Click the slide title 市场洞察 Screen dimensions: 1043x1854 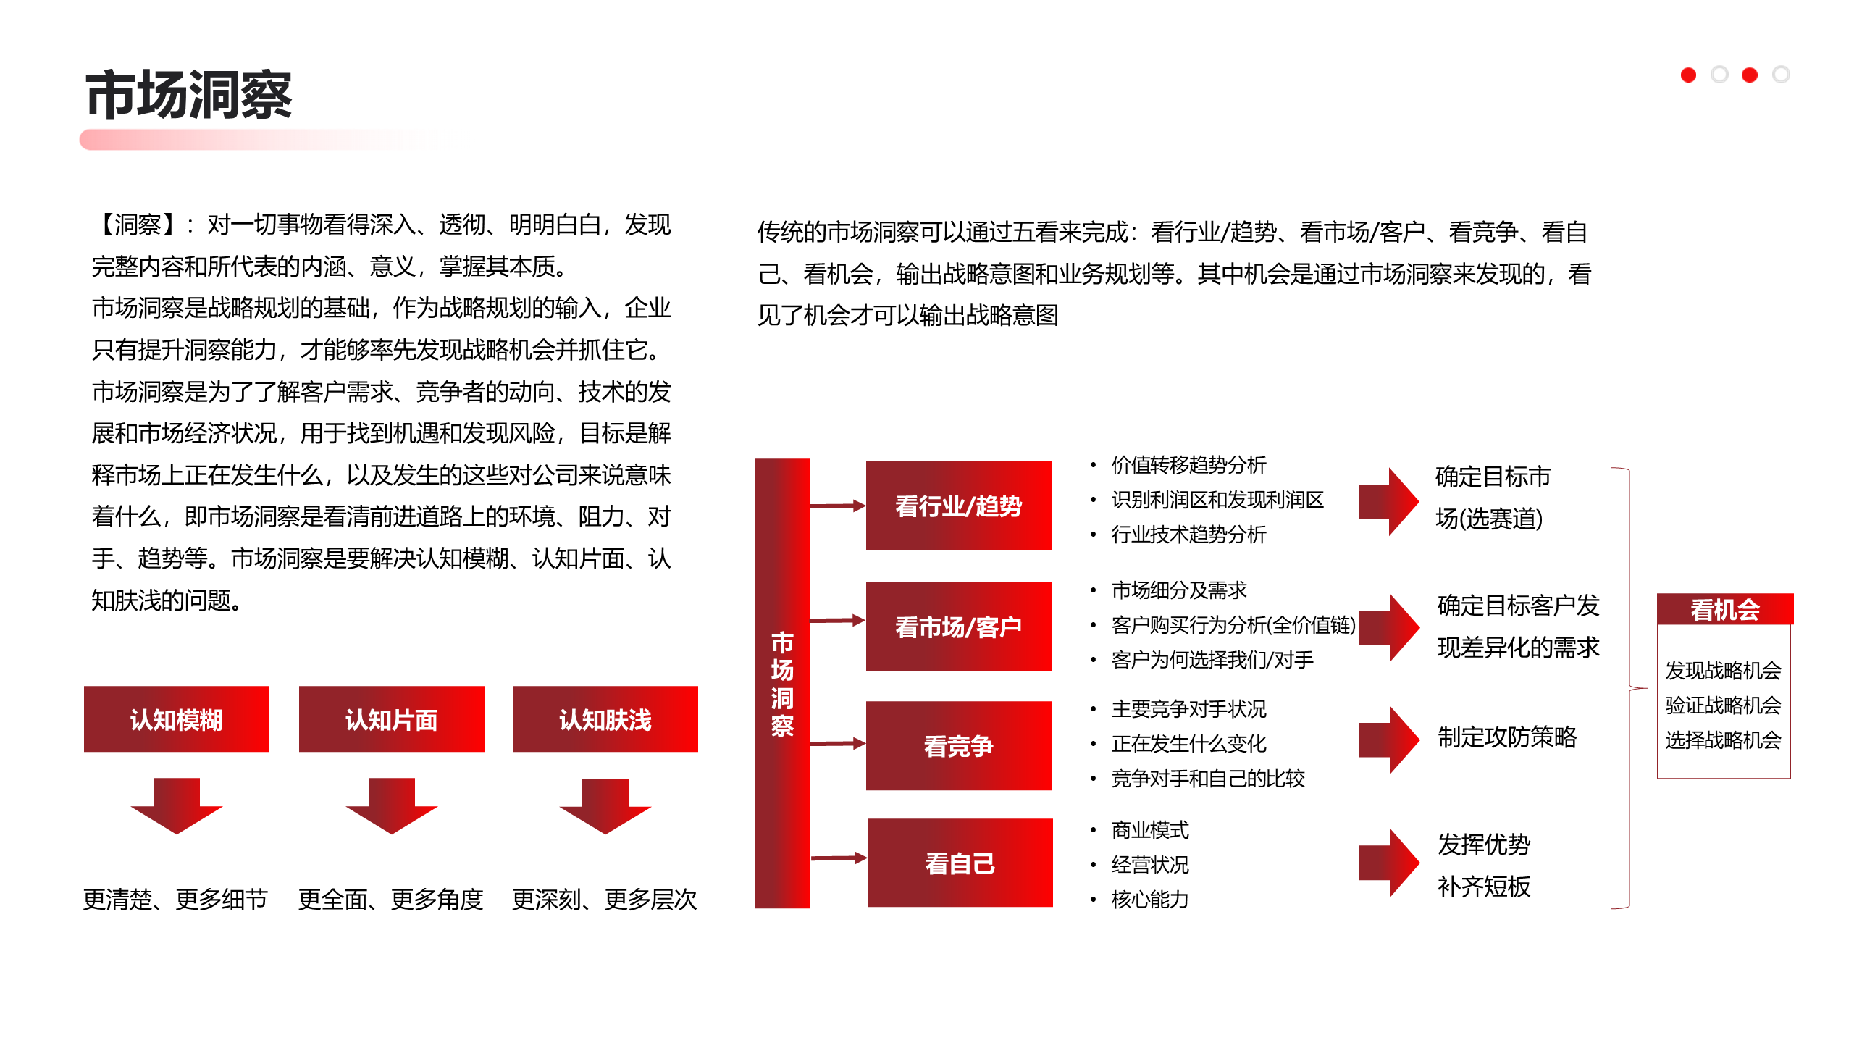pos(188,95)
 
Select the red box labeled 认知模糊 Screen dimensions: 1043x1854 pos(176,719)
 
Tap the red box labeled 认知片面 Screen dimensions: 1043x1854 pos(391,719)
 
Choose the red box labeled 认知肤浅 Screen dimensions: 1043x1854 pos(605,719)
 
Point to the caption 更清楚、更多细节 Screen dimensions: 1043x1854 pos(175,900)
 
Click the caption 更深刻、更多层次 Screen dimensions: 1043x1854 pos(604,900)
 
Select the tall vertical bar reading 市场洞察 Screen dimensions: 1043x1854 pos(782,683)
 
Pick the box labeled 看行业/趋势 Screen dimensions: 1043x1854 pos(958,506)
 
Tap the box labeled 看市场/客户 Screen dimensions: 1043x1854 pos(958,627)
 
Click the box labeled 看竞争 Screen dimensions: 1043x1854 pos(958,746)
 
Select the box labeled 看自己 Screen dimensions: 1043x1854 pos(960,863)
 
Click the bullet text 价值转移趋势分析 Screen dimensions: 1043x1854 pos(1188,465)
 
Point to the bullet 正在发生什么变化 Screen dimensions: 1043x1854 pos(1188,744)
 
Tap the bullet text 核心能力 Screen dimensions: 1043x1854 pos(1150,900)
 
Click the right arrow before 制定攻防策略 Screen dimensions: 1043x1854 pos(1388,740)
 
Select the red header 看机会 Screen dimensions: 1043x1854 pos(1724,609)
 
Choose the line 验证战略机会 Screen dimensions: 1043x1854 pos(1723,705)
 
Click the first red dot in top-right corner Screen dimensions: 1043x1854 pos(1688,75)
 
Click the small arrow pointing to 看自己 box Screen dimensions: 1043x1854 pos(839,858)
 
